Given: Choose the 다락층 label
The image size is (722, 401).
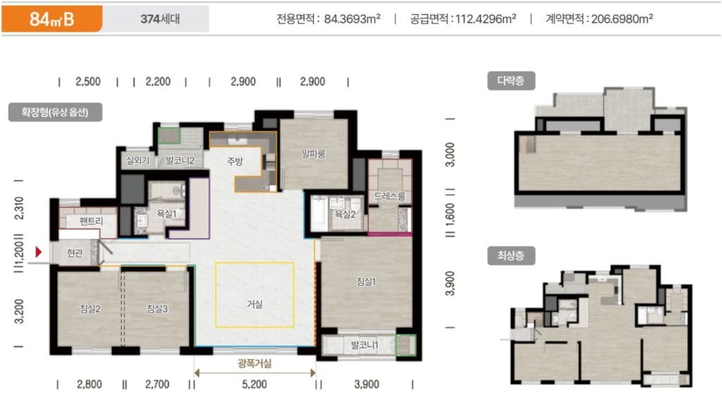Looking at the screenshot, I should (511, 80).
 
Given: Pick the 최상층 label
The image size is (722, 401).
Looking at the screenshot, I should (511, 254).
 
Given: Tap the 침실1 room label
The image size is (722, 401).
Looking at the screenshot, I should (367, 282).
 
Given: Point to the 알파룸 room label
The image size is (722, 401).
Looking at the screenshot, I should (313, 153).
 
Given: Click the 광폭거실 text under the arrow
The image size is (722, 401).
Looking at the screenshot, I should (255, 364).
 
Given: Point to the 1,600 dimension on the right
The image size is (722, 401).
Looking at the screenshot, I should (450, 216).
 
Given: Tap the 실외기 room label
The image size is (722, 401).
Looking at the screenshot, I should (137, 161).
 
